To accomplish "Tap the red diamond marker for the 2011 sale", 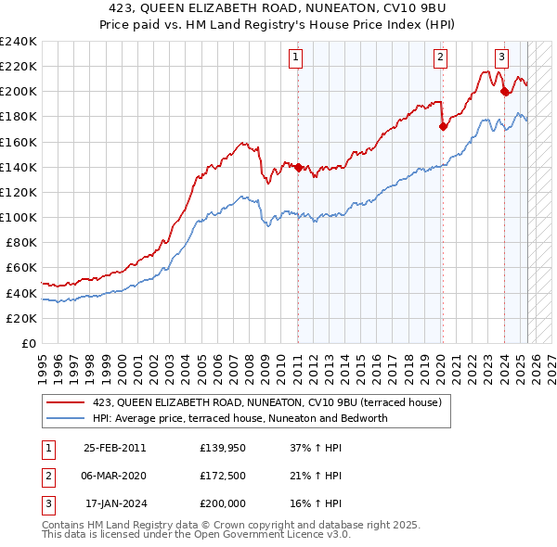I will coord(298,167).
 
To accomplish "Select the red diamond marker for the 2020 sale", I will coord(443,126).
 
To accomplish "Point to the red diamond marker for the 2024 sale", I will coord(504,92).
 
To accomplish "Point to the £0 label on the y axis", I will coord(28,343).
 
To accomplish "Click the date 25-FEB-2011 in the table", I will coord(114,449).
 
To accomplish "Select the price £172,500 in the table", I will coord(223,476).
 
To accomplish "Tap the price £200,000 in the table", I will coord(223,503).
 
